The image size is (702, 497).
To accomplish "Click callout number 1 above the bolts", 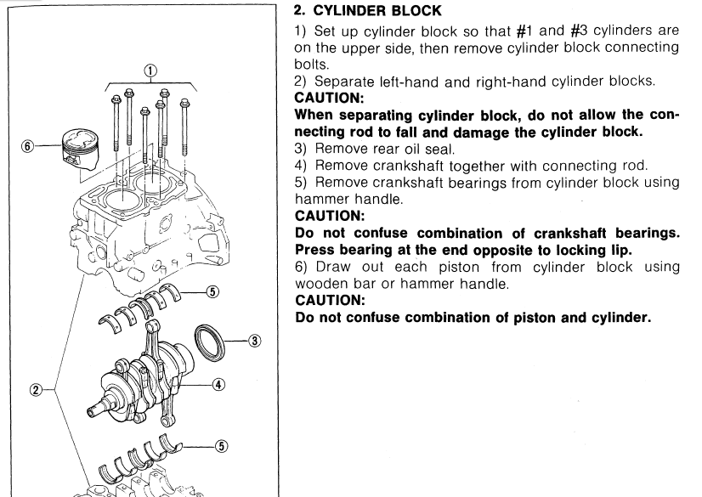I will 150,71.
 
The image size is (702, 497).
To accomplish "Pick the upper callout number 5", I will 213,291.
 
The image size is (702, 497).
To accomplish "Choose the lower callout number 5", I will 213,440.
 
